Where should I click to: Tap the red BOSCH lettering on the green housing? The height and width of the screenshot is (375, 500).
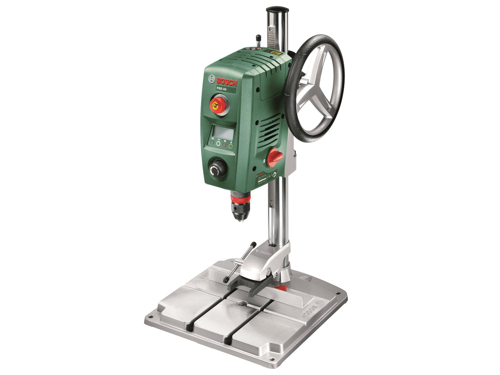coord(227,82)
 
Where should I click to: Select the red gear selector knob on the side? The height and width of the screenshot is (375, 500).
coord(275,156)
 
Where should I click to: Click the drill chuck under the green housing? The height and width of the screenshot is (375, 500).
coord(241,208)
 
